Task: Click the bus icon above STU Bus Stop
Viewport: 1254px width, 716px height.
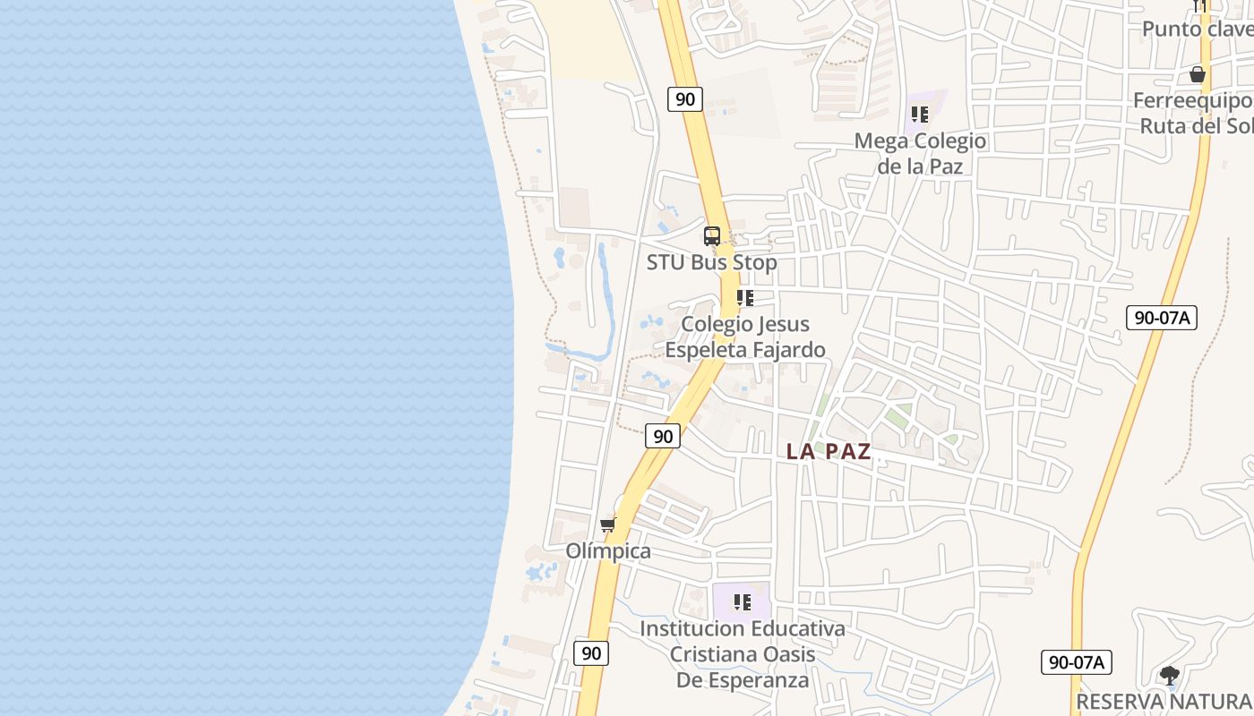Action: point(712,236)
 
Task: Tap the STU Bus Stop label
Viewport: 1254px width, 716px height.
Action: point(712,263)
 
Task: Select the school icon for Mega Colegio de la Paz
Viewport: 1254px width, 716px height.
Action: point(920,115)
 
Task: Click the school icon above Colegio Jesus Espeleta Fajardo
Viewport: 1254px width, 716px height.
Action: point(744,298)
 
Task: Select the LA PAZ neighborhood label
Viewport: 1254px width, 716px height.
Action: point(829,452)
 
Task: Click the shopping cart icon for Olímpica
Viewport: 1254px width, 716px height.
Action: point(608,524)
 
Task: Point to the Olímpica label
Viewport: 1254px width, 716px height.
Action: point(608,551)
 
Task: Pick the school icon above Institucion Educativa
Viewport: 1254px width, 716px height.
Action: point(742,602)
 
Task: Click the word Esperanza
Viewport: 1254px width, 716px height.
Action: point(743,680)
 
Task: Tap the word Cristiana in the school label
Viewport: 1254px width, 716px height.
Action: point(713,654)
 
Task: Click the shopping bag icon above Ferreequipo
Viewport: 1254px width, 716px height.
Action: point(1198,74)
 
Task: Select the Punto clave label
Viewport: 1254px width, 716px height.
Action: point(1197,30)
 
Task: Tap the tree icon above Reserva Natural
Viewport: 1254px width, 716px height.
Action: point(1169,675)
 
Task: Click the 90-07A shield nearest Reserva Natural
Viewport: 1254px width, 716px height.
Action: point(1077,662)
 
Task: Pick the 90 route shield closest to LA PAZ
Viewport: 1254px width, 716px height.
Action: point(663,436)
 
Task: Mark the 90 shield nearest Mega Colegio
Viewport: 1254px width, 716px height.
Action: point(685,98)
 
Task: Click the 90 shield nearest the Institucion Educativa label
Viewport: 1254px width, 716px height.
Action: point(591,653)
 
